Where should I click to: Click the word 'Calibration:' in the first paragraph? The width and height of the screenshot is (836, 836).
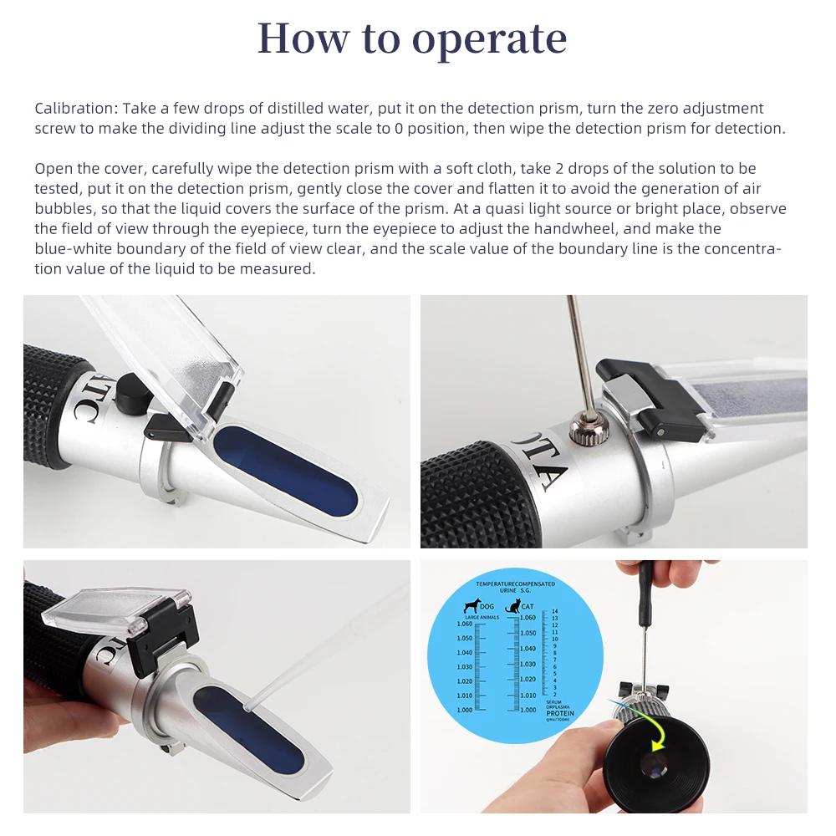[75, 109]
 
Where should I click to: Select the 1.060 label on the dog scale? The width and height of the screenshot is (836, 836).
[465, 624]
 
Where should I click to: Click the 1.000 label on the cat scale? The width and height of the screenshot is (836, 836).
[528, 710]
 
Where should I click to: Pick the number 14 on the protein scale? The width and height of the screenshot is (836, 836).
[554, 611]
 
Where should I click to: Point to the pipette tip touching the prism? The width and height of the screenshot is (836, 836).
[248, 707]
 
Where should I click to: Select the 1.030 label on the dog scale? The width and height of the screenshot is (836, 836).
[465, 666]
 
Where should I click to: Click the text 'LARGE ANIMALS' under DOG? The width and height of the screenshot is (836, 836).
[482, 617]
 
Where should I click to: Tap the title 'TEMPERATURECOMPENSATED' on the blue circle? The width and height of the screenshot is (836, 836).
[515, 583]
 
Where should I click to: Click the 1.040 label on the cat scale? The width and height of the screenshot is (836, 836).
[528, 649]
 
